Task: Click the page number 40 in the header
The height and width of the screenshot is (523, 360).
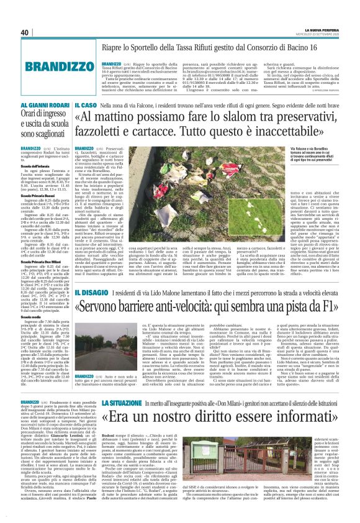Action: (24, 32)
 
